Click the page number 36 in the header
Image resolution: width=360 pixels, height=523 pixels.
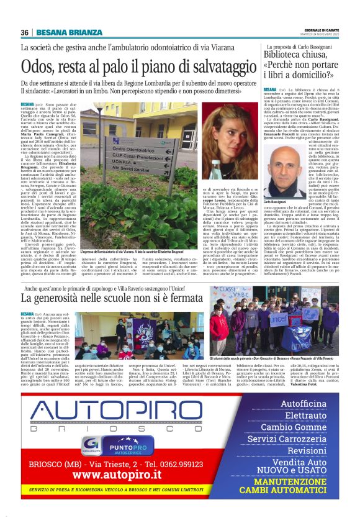tap(25, 32)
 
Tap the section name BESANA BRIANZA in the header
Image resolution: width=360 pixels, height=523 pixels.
tap(69, 32)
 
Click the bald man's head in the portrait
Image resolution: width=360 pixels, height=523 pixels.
tap(280, 170)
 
